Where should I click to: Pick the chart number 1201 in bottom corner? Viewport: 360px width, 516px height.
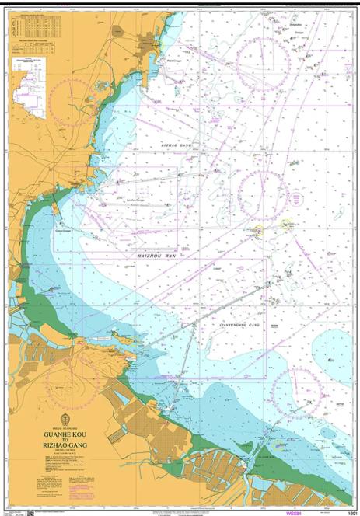coord(352,513)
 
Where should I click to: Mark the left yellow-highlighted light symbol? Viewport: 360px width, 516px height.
coord(258,230)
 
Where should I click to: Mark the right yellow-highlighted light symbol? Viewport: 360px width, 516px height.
coord(287,224)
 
